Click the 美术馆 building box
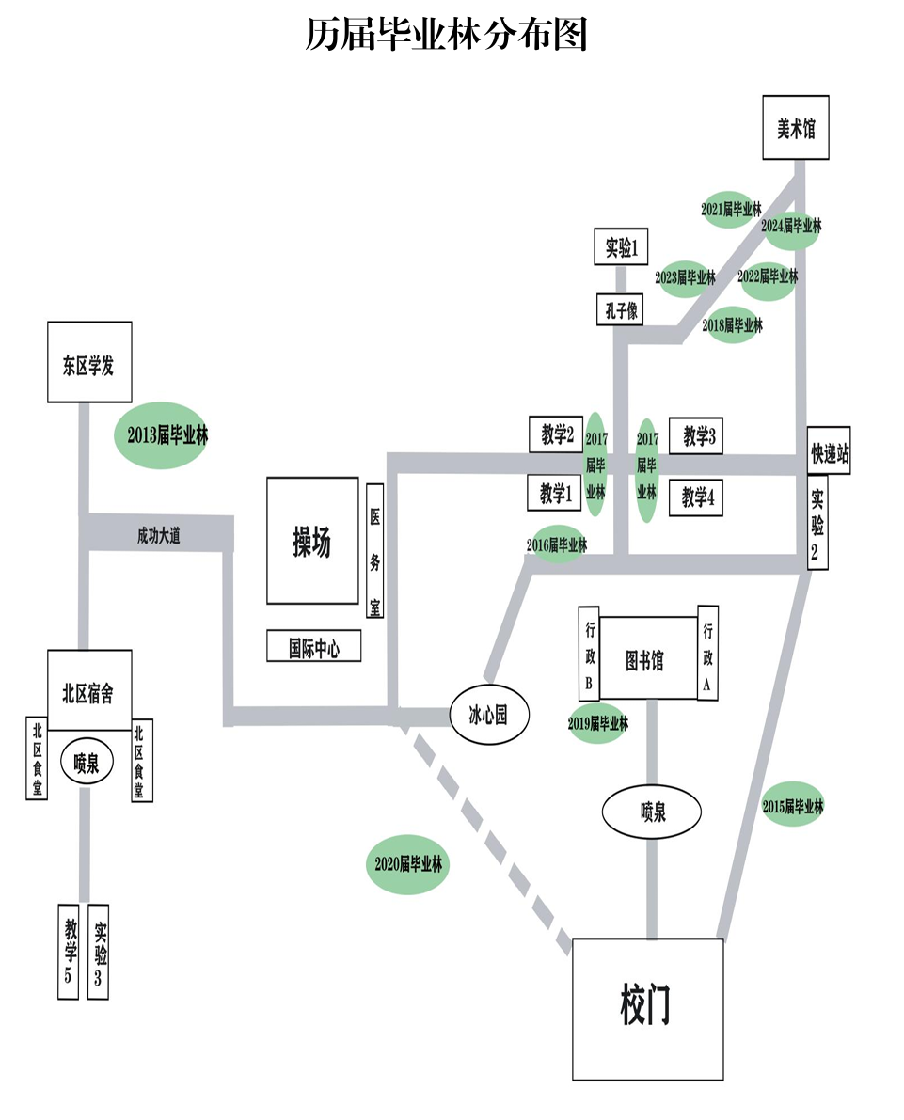click(795, 129)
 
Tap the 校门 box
click(648, 1008)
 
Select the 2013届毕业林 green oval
click(161, 435)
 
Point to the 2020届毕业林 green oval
click(407, 863)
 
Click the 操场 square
click(312, 541)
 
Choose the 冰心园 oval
click(487, 716)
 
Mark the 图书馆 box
click(647, 659)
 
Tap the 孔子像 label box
click(619, 309)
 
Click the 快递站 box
click(829, 450)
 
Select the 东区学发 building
click(90, 363)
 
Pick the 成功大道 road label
click(158, 536)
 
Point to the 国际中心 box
click(313, 647)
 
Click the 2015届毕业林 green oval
click(792, 805)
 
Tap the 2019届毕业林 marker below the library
click(597, 723)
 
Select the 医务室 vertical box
click(374, 549)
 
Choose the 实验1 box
click(622, 247)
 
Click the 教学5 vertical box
click(69, 950)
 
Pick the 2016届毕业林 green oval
click(558, 544)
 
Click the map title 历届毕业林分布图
click(447, 35)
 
